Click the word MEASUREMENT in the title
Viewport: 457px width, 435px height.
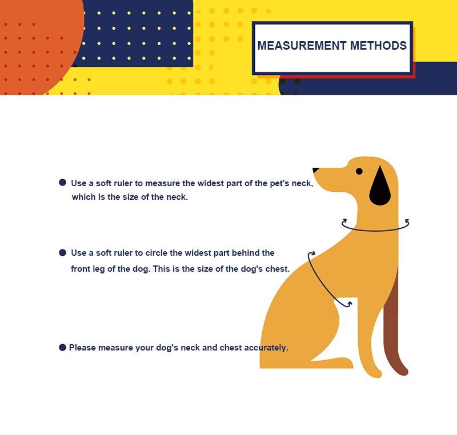(302, 46)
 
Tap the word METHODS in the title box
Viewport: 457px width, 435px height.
(378, 46)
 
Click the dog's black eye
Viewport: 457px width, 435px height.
(359, 171)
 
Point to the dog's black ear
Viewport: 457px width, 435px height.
(380, 186)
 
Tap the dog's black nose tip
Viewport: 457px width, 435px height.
(316, 170)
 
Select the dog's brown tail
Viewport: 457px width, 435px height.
(394, 323)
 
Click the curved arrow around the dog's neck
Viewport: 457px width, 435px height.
(375, 230)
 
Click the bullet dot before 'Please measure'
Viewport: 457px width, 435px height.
(62, 347)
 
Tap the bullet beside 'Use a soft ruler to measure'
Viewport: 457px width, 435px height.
(62, 183)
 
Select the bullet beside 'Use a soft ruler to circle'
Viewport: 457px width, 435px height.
(62, 252)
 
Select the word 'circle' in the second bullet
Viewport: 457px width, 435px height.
(156, 253)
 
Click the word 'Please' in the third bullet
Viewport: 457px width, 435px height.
(82, 348)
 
